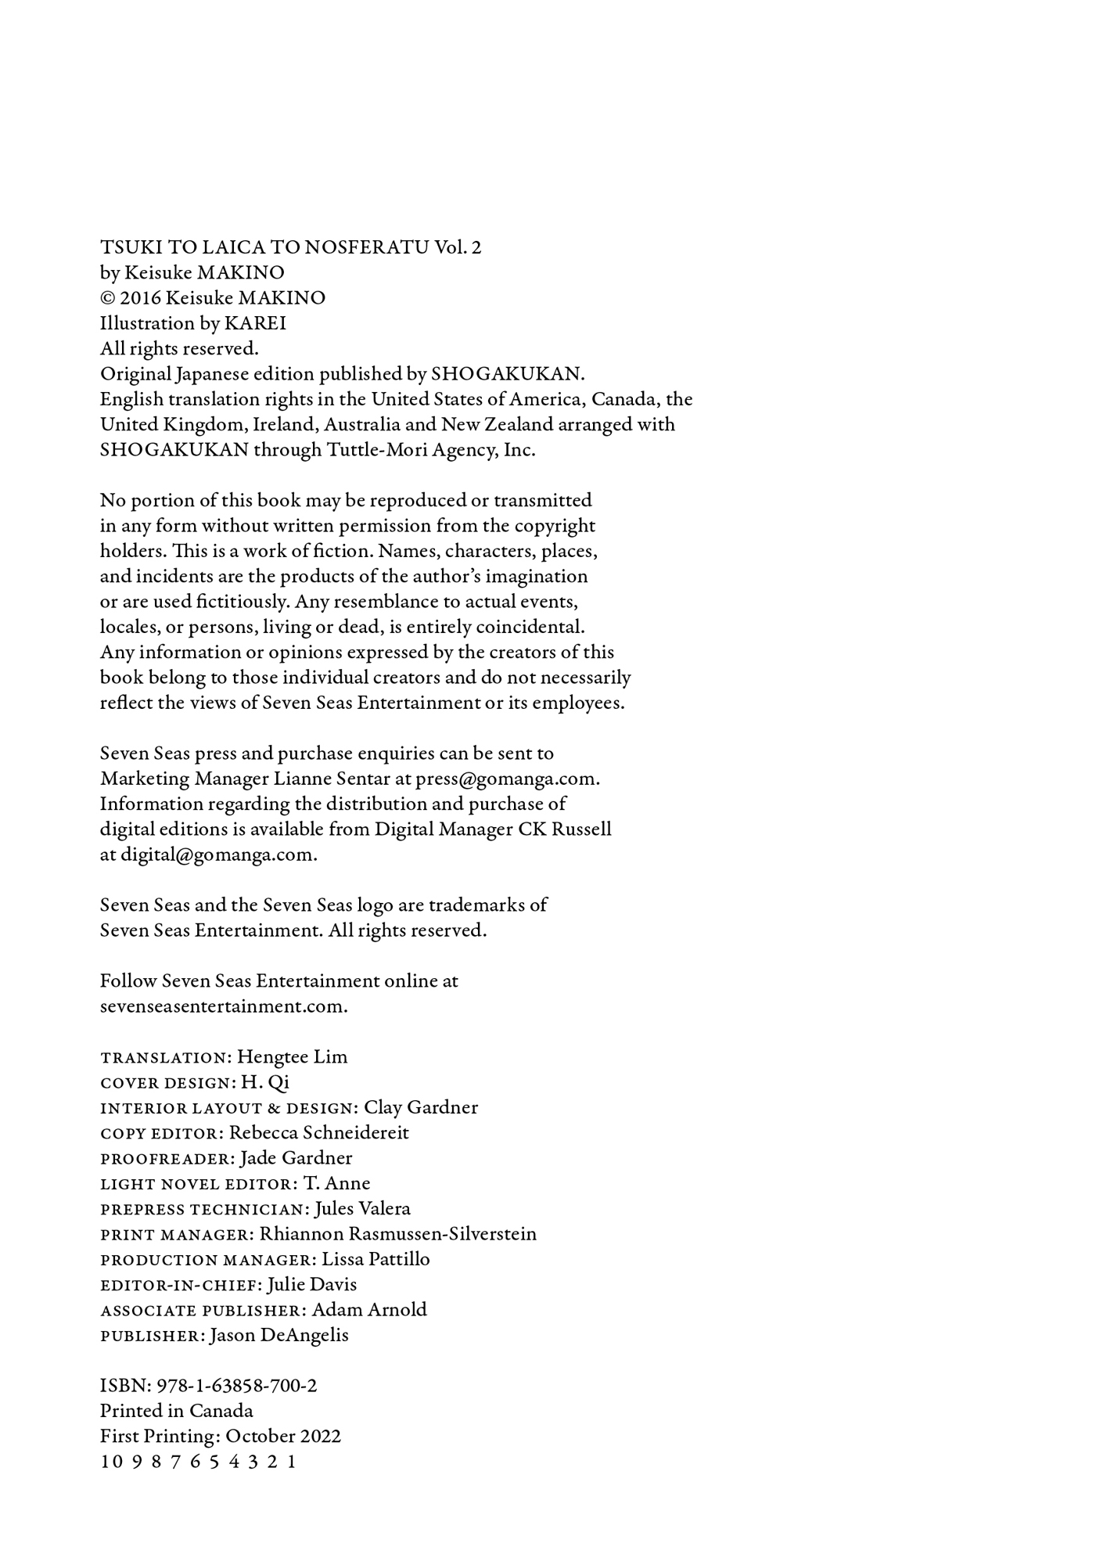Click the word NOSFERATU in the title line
tap(366, 248)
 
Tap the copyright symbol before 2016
tap(107, 299)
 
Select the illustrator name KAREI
tap(255, 324)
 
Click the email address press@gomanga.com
tap(507, 779)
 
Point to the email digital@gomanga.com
tap(217, 855)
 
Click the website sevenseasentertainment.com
tap(223, 1007)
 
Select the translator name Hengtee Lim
tap(292, 1057)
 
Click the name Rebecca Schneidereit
tap(318, 1133)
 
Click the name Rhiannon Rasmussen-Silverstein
tap(397, 1235)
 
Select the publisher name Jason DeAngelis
tap(279, 1336)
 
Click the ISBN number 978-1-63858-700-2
tap(236, 1386)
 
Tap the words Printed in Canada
tap(176, 1412)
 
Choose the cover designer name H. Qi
tap(265, 1083)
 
